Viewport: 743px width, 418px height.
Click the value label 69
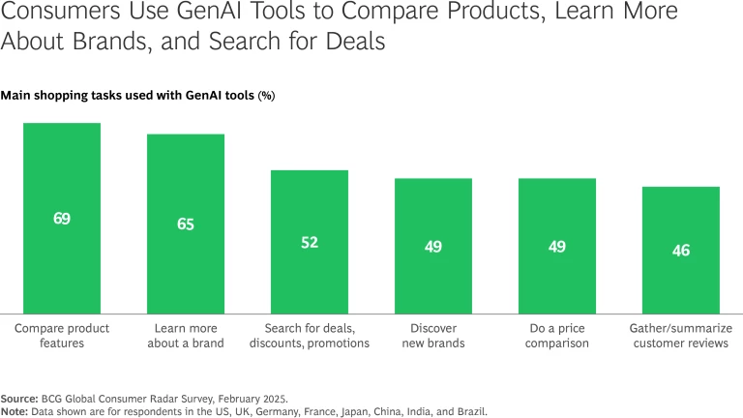(62, 219)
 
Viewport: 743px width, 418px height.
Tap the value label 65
(186, 224)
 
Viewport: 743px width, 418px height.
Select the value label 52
(310, 243)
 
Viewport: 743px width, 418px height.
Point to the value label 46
(681, 251)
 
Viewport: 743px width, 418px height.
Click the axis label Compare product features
(62, 336)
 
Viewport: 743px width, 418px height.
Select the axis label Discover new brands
(433, 336)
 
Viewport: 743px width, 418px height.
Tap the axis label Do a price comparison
(557, 336)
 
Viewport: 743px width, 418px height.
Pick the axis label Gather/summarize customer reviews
(681, 336)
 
